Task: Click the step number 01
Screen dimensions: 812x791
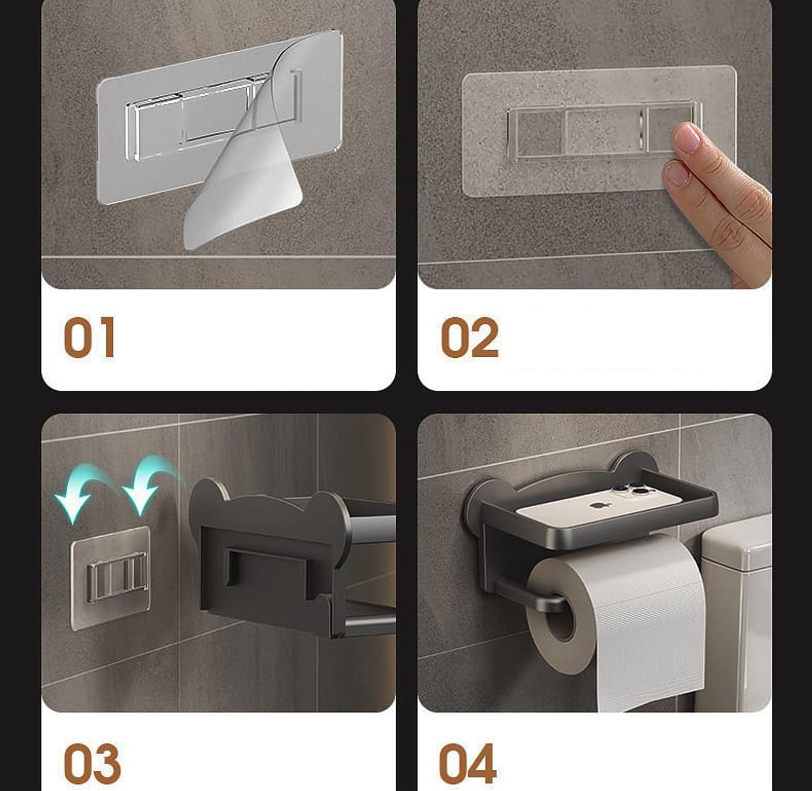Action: click(x=89, y=337)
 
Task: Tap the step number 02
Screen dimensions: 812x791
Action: click(x=470, y=337)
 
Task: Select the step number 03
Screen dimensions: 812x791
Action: click(x=92, y=764)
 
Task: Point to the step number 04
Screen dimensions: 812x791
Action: click(x=468, y=764)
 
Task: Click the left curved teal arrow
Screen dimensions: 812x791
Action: click(x=83, y=491)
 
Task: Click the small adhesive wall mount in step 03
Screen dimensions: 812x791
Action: click(x=111, y=578)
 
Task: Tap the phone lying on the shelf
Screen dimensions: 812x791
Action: click(x=599, y=503)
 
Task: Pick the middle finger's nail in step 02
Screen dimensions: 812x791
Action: click(x=678, y=173)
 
